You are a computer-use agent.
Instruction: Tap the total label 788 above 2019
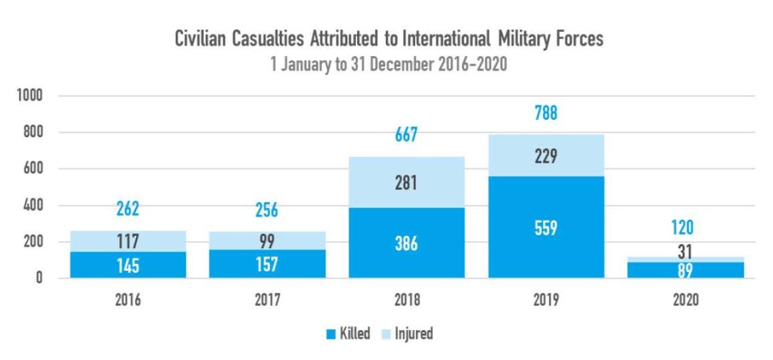[546, 113]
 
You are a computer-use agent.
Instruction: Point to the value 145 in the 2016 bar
[128, 266]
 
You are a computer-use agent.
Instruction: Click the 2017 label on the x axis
[267, 300]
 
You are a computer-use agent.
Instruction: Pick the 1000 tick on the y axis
[29, 96]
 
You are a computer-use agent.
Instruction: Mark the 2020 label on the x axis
[686, 300]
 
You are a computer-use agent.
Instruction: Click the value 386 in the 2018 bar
[406, 244]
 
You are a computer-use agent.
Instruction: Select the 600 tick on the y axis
[32, 169]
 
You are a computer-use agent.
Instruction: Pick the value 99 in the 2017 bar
[267, 241]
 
